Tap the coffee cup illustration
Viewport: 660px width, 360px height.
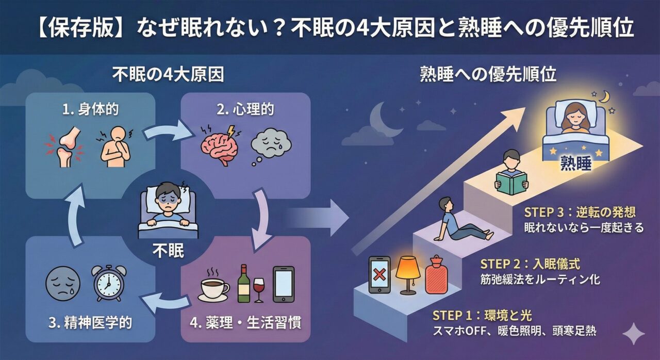[x=214, y=288]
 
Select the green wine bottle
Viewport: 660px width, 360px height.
[x=243, y=284]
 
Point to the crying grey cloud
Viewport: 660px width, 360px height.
[x=271, y=146]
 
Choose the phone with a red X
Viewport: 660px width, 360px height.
[x=379, y=275]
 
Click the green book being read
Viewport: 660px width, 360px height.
[x=511, y=183]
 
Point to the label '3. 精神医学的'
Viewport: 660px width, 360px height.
[x=90, y=323]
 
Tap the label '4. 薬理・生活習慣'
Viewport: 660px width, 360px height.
[x=245, y=323]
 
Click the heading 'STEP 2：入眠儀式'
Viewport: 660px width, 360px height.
[x=530, y=265]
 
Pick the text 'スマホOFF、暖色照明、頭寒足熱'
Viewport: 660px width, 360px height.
[x=514, y=331]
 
